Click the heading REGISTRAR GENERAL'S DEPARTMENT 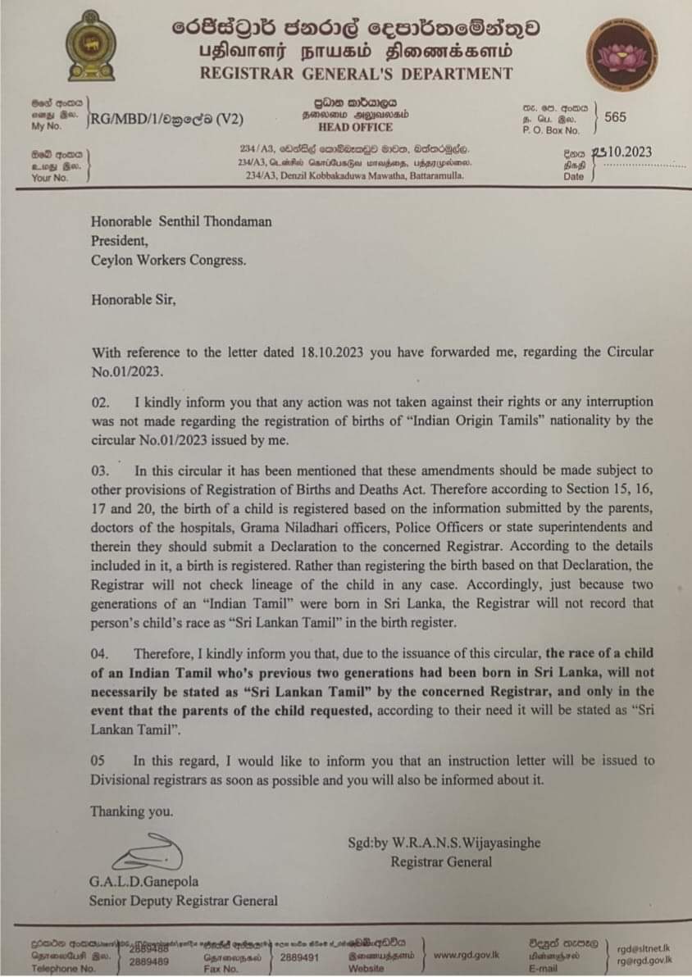[x=357, y=73]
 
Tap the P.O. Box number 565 [x=615, y=116]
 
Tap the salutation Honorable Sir [x=134, y=299]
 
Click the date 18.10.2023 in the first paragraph [x=322, y=352]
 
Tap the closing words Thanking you [x=132, y=811]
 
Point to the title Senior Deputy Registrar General [x=184, y=900]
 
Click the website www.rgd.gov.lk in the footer [x=467, y=955]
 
